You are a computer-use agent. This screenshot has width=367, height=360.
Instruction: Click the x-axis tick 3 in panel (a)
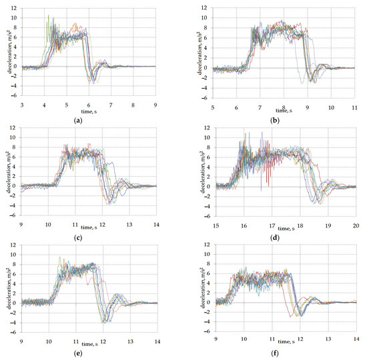pyautogui.click(x=23, y=105)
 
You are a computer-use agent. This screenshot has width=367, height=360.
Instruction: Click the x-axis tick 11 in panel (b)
pyautogui.click(x=355, y=105)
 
